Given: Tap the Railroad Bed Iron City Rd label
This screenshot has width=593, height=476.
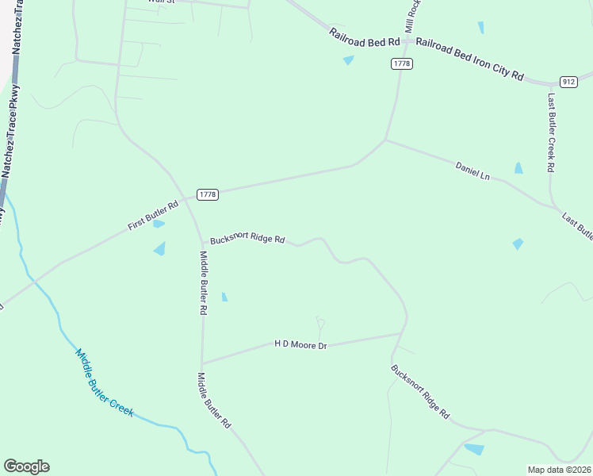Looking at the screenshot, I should (x=470, y=59).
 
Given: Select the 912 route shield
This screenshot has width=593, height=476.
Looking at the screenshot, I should (x=568, y=82).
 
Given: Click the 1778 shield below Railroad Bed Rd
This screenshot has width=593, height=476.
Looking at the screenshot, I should (x=402, y=63).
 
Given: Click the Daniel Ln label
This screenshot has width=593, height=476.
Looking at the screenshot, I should (x=472, y=170).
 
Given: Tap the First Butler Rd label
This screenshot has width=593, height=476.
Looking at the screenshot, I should (x=153, y=215).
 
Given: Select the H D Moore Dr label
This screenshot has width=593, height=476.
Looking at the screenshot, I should (x=300, y=344).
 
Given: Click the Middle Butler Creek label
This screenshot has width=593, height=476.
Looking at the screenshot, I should (x=105, y=383).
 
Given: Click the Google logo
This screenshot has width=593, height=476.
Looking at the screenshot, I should (x=26, y=466).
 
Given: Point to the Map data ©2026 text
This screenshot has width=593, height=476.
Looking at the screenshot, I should (x=559, y=470).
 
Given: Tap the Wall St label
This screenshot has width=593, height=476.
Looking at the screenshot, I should (x=162, y=2).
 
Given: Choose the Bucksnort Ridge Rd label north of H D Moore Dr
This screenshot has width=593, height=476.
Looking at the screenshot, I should (x=247, y=239).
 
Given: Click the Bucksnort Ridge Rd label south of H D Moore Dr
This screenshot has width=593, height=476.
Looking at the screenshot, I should (x=420, y=391).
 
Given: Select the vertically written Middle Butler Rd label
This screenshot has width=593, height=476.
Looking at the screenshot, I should (x=203, y=283).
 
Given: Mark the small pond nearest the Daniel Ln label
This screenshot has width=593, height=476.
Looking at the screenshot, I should (x=518, y=168).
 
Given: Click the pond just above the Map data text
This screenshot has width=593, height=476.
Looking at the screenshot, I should (x=474, y=449).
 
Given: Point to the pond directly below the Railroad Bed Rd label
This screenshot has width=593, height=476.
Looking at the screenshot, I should (x=348, y=60).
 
